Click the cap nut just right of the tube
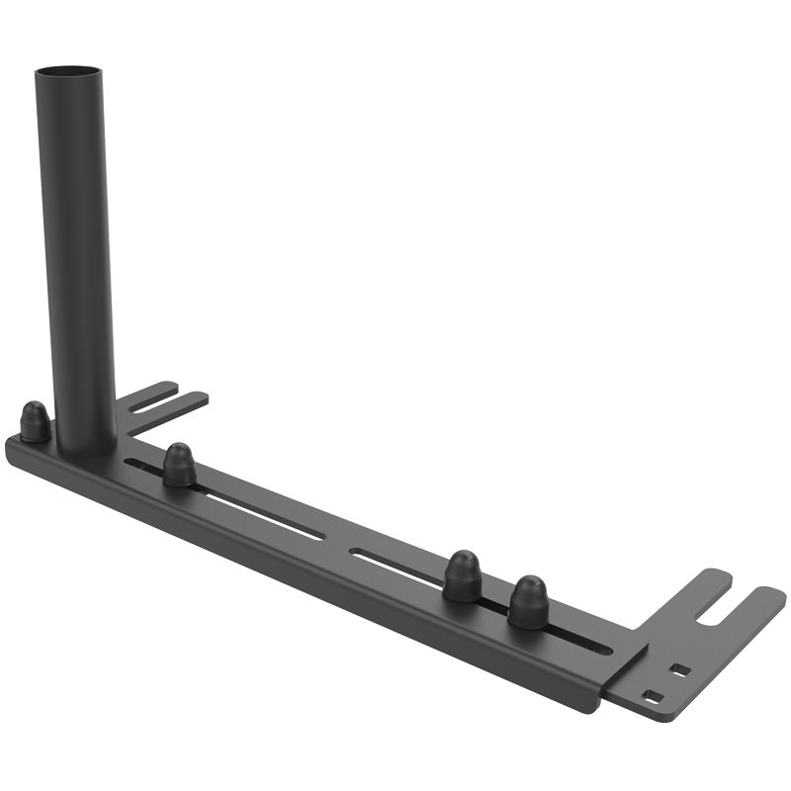tap(179, 465)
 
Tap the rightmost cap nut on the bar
tap(528, 601)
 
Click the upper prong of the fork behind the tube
tap(153, 392)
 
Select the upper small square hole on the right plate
tap(679, 669)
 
